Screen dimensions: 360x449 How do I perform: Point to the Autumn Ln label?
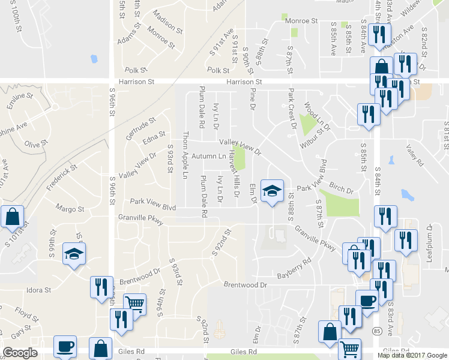[x=209, y=157]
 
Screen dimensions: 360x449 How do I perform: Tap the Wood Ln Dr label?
[x=318, y=116]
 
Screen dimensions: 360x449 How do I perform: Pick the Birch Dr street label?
[x=342, y=189]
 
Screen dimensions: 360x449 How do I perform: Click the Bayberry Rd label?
[x=294, y=268]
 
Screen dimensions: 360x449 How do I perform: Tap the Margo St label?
[x=70, y=209]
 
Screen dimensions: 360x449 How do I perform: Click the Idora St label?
[x=38, y=290]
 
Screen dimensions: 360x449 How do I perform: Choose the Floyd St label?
[x=26, y=313]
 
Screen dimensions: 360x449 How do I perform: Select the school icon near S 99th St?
[x=74, y=254]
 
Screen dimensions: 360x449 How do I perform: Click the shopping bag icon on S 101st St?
[x=12, y=217]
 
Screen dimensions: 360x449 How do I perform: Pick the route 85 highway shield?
[x=376, y=331]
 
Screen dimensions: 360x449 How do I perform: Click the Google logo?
[x=20, y=353]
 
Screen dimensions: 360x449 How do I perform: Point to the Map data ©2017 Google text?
[x=412, y=355]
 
